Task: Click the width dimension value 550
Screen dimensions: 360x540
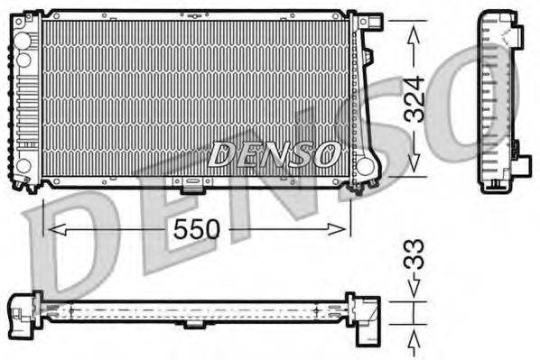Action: (x=196, y=229)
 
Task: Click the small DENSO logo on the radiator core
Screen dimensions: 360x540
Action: (x=275, y=154)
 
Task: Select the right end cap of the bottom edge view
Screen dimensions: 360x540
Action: (x=366, y=316)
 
